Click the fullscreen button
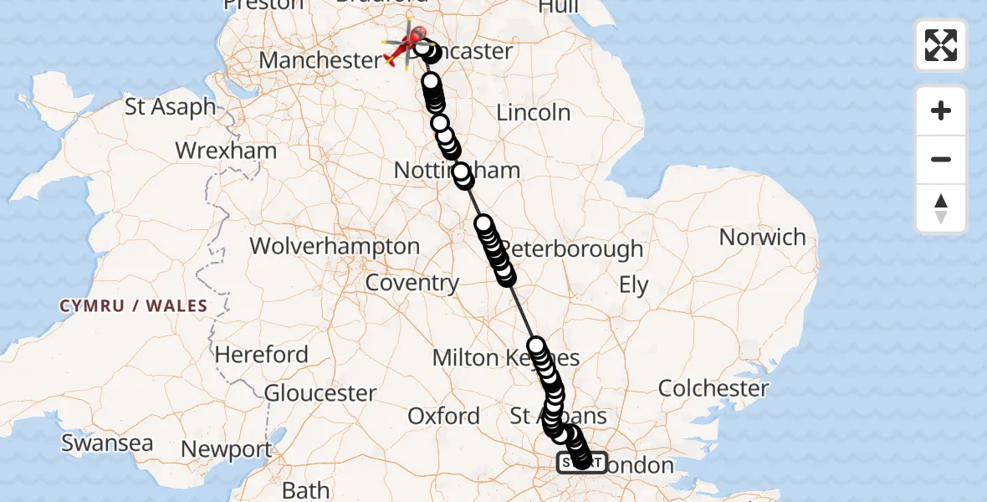coord(941,45)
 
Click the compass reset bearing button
coord(941,208)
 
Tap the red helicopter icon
coord(406,44)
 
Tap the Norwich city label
coord(762,238)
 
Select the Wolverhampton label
coord(335,247)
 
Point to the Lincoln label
coord(534,112)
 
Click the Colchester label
coord(713,388)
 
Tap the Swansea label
coord(107,443)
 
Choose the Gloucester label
coord(320,392)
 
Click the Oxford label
coord(443,416)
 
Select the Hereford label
coord(262,355)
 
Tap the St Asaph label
coord(170,107)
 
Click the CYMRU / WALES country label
coord(133,306)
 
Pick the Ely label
coord(633,285)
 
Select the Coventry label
coord(412,283)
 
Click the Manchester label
coord(320,60)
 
